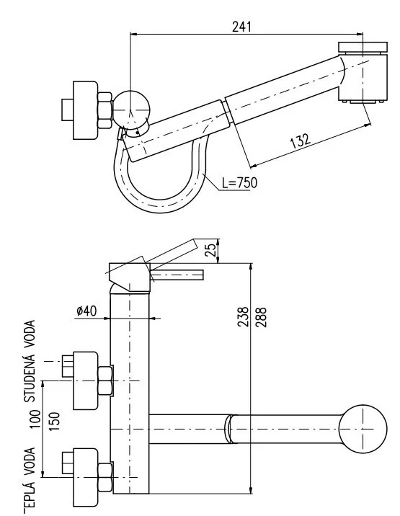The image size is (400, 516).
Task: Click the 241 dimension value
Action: [x=241, y=27]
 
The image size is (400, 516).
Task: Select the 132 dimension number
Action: [x=301, y=141]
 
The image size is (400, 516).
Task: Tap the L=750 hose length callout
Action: [x=239, y=183]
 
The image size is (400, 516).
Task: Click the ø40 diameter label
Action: [x=86, y=311]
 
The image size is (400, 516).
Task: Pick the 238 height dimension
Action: [x=244, y=316]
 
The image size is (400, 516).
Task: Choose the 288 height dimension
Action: [x=260, y=316]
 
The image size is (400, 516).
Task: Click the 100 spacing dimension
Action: [x=35, y=419]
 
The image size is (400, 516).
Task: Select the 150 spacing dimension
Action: [x=54, y=421]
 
